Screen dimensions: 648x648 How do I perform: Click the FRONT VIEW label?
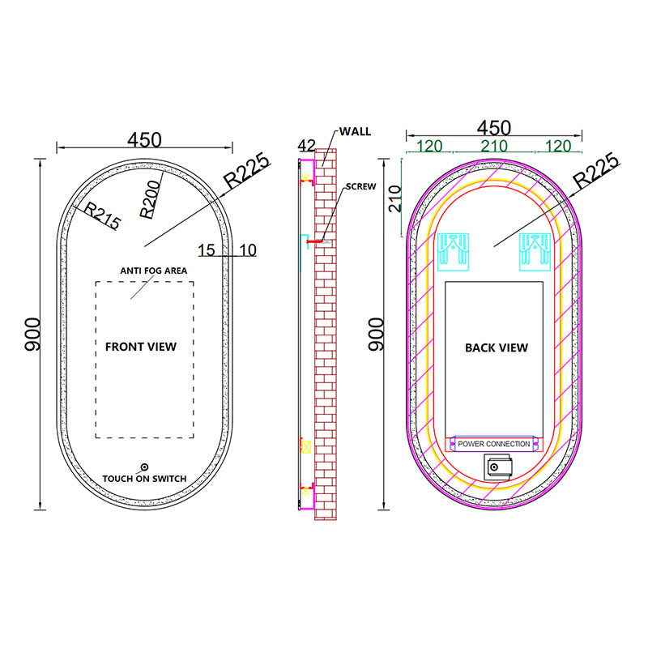point(141,347)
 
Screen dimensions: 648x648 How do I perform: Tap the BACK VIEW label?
point(497,347)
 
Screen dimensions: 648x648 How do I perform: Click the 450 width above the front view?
point(144,139)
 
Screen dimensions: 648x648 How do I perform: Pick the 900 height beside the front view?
point(32,334)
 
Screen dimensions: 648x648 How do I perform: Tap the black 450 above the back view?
point(493,128)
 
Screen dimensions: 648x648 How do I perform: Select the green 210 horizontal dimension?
point(494,146)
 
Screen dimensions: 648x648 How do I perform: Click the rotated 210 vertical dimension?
point(394,198)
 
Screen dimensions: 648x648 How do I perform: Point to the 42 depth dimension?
point(306,146)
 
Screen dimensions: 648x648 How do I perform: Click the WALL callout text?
point(355,131)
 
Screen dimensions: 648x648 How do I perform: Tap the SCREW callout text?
point(360,186)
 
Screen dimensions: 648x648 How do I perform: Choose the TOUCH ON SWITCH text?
point(144,479)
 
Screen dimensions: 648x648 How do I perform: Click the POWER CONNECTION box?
point(494,444)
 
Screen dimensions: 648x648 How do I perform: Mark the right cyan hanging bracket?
point(537,252)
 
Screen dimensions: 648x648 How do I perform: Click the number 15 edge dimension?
point(207,250)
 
